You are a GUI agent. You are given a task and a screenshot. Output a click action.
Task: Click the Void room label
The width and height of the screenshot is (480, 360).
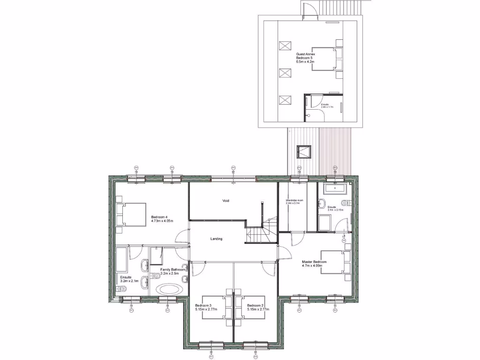tap(226, 201)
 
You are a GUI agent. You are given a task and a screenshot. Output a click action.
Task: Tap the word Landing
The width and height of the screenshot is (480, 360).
tap(216, 239)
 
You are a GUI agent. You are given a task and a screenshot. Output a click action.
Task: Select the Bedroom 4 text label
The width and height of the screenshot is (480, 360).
tap(159, 219)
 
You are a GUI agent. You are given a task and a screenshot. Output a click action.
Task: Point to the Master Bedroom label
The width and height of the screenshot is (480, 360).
tap(314, 264)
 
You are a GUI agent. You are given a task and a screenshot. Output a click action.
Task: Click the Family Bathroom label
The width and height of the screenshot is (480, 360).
tap(172, 271)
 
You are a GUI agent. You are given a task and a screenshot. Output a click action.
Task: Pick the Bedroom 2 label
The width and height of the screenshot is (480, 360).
tap(256, 307)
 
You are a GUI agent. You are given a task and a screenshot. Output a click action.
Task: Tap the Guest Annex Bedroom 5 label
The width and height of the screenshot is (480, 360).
tap(305, 58)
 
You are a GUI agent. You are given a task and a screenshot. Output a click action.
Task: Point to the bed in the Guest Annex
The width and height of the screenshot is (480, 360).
tap(325, 58)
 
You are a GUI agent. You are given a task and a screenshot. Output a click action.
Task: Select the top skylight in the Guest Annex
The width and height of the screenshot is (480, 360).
tap(285, 47)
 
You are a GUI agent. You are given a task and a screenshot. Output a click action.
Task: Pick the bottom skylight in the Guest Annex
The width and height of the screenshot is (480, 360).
tap(285, 100)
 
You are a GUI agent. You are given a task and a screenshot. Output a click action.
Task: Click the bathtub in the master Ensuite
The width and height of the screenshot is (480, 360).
tap(335, 189)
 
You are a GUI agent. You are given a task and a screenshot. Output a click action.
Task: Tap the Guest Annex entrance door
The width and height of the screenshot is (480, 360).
tap(308, 10)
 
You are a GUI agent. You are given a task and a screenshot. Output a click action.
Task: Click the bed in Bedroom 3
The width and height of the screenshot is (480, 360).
tap(215, 307)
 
